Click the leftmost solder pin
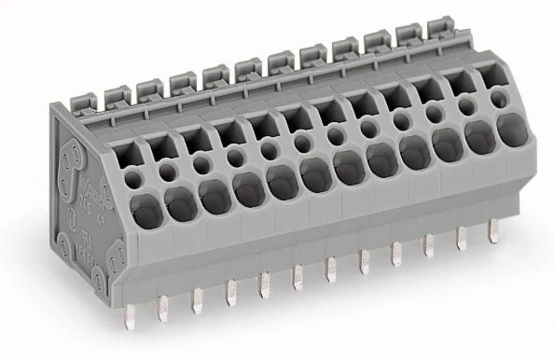tap(129, 316)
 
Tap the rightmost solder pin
tap(493, 230)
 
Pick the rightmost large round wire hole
tap(512, 130)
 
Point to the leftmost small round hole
tap(133, 178)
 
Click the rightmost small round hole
tap(499, 100)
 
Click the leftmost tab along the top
tap(84, 104)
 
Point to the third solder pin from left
tap(197, 300)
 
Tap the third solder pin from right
tap(429, 245)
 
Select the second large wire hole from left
tap(181, 204)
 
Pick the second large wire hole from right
tap(480, 137)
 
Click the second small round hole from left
tap(167, 172)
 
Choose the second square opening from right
tap(460, 83)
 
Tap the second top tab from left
tap(117, 97)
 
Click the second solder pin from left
tap(162, 308)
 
